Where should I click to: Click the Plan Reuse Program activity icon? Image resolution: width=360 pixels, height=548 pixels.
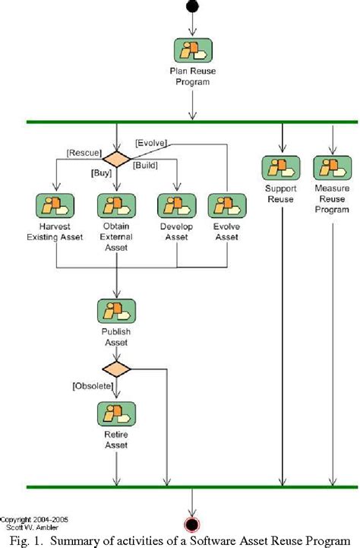[x=192, y=50]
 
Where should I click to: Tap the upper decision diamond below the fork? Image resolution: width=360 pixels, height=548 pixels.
[x=117, y=159]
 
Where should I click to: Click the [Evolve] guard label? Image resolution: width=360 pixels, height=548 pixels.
[x=151, y=142]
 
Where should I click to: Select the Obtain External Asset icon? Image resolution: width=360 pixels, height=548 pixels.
[x=117, y=205]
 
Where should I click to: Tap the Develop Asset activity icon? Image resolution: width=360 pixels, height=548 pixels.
[x=177, y=205]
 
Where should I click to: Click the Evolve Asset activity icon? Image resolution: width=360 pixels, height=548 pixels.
[x=228, y=205]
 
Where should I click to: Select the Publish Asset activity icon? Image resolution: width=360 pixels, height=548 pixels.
[x=117, y=311]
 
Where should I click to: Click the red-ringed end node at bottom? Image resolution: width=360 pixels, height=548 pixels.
[x=192, y=524]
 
